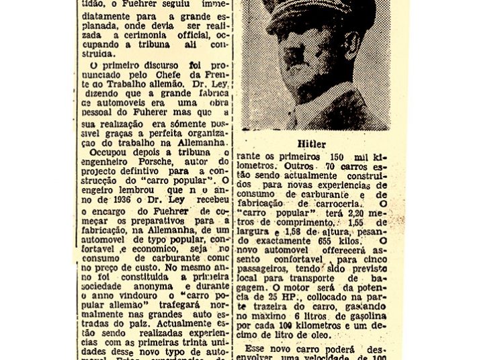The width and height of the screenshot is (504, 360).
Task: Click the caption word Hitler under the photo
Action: (311, 144)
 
